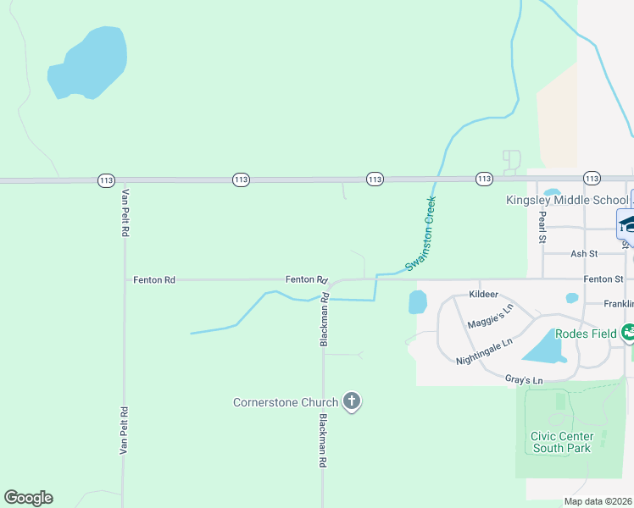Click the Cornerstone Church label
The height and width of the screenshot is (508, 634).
point(286,402)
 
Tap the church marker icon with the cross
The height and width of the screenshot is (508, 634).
point(352,402)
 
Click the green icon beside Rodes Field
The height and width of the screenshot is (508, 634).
point(628,332)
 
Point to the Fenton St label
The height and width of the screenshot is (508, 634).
point(603,279)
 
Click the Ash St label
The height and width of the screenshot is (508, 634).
point(584,253)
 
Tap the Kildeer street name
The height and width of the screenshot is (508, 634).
point(483,295)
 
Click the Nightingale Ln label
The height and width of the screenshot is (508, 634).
point(484,352)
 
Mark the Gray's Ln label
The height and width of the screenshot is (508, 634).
point(523,380)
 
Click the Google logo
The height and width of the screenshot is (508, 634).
point(28,498)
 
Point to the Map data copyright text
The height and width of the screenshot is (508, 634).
point(598,501)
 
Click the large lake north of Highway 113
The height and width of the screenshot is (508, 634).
point(89,64)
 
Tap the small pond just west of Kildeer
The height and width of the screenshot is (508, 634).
point(418,302)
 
